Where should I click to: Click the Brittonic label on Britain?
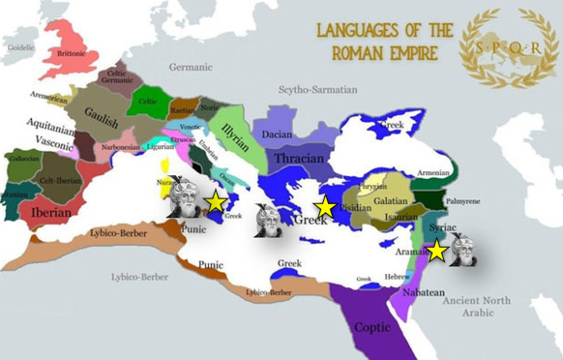(x=72, y=54)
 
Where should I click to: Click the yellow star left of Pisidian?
(x=326, y=206)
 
